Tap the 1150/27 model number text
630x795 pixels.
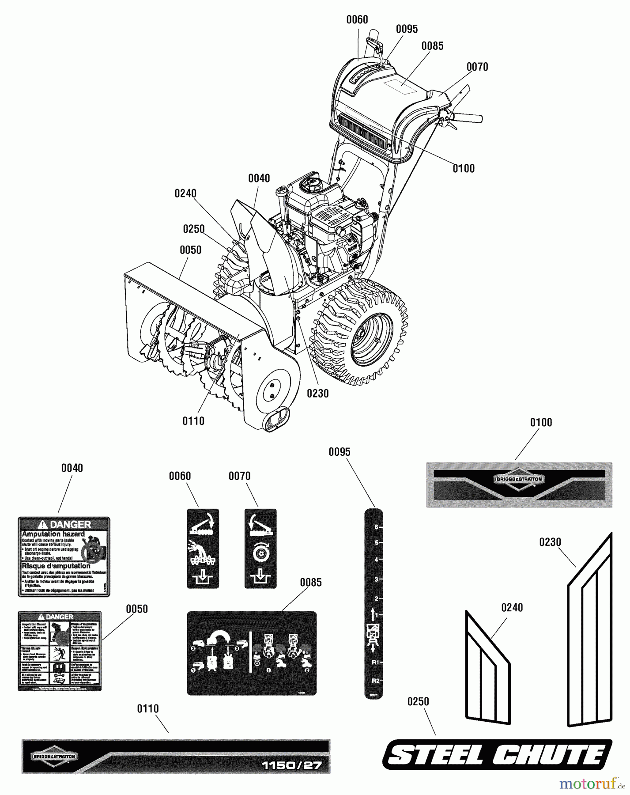tap(292, 765)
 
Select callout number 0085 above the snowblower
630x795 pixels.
tap(432, 46)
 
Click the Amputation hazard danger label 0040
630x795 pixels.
tap(64, 556)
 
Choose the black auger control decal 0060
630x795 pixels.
tap(203, 548)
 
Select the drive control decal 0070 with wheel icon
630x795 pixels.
tap(260, 548)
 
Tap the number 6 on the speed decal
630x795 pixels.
tap(376, 527)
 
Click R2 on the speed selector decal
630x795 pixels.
tap(375, 681)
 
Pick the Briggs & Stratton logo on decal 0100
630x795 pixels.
tap(519, 479)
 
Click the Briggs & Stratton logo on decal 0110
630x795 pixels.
tap(54, 757)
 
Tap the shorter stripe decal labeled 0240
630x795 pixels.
tap(487, 669)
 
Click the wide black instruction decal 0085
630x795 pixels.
tap(252, 653)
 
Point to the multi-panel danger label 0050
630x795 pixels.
tap(59, 651)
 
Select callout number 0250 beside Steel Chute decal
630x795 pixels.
tap(418, 701)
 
